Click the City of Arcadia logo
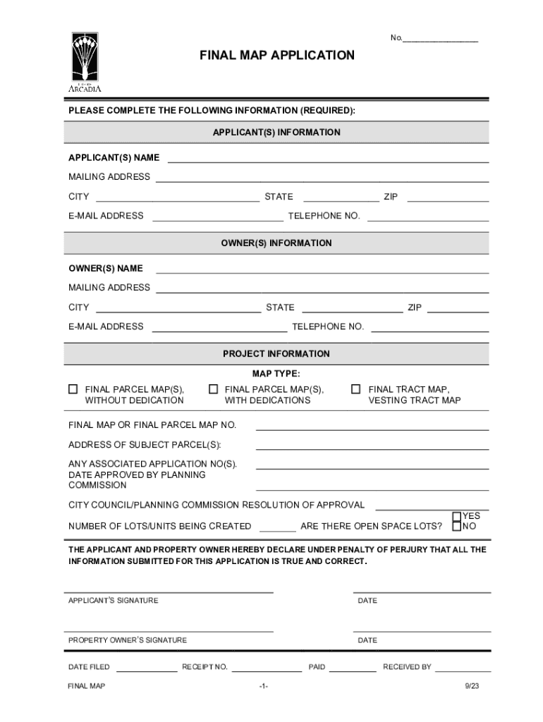click(x=85, y=62)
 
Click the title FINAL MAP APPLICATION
click(x=276, y=55)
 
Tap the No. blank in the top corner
click(x=440, y=38)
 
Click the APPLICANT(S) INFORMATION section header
click(x=276, y=133)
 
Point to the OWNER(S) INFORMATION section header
click(x=276, y=243)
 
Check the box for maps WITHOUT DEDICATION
click(x=73, y=389)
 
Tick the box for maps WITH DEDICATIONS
click(x=213, y=389)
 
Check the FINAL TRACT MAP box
click(x=356, y=389)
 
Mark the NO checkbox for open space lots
click(x=457, y=526)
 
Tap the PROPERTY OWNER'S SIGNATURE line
click(x=169, y=629)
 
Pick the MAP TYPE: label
click(x=276, y=373)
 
